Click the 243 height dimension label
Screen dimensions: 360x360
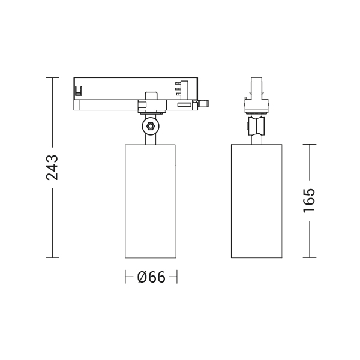click(52, 167)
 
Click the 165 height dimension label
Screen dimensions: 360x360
click(309, 200)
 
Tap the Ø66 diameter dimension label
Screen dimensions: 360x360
click(151, 277)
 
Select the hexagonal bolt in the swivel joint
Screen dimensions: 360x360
click(151, 126)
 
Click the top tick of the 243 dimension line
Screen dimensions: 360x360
click(52, 77)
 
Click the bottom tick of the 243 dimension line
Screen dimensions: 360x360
click(52, 257)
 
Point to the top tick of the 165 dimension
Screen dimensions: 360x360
click(310, 145)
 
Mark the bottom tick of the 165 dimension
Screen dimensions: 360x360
click(310, 257)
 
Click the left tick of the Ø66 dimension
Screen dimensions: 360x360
click(125, 277)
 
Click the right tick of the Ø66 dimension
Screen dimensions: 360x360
click(177, 277)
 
